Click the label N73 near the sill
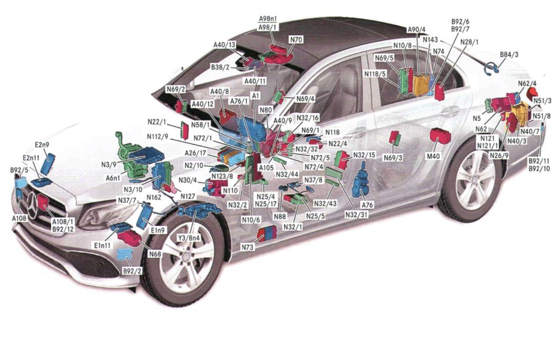(x=248, y=247)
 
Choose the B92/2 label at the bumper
(x=132, y=271)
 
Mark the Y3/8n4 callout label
(x=189, y=238)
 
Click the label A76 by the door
(x=367, y=205)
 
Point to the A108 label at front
(x=20, y=218)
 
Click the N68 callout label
(x=155, y=254)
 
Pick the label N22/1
(x=157, y=121)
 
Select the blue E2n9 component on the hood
(x=48, y=163)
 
